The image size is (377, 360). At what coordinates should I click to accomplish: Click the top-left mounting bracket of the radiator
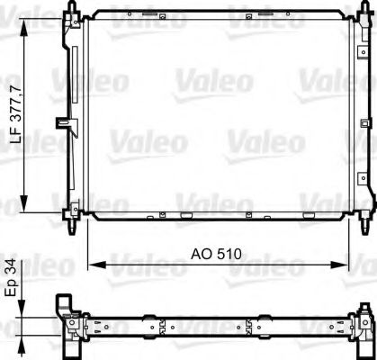point(71,13)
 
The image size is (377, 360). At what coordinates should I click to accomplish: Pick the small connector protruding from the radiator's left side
point(61,121)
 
